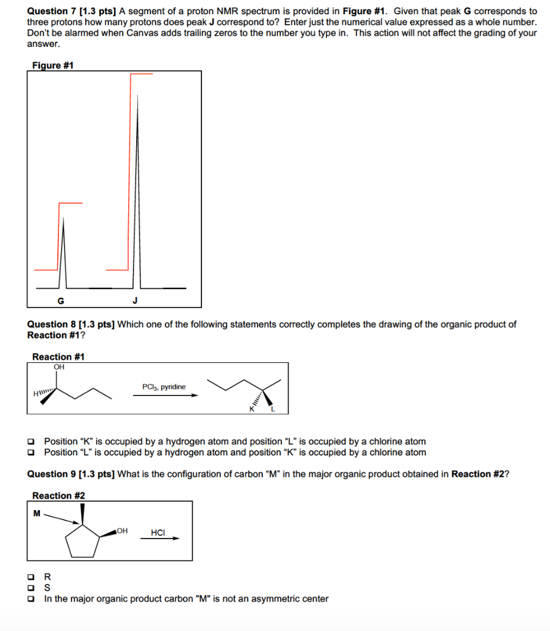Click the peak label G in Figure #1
(x=60, y=301)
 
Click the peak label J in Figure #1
(x=135, y=301)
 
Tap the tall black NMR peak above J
(x=137, y=185)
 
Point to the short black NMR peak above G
(x=63, y=253)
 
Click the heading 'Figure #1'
(x=52, y=65)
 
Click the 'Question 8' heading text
(x=56, y=324)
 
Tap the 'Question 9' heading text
(x=56, y=473)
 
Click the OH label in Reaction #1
(x=59, y=367)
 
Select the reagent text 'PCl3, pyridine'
(x=163, y=387)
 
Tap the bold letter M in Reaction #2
(x=37, y=513)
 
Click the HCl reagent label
(x=158, y=532)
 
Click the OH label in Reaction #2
(x=122, y=530)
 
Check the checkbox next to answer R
(x=31, y=577)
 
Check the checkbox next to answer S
(x=31, y=588)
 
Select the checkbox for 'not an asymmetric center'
(x=31, y=598)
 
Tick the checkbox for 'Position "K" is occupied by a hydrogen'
(x=31, y=441)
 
